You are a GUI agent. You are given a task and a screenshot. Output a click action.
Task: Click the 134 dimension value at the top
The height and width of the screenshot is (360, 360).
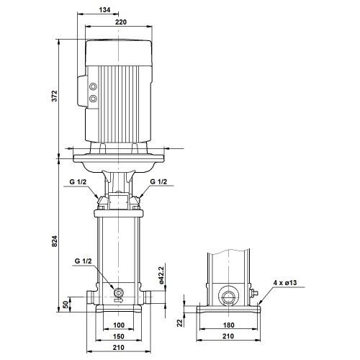click(104, 10)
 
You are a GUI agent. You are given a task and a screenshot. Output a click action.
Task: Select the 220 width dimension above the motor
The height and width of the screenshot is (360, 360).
click(121, 22)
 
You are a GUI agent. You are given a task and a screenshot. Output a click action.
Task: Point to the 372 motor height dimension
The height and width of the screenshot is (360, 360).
click(55, 96)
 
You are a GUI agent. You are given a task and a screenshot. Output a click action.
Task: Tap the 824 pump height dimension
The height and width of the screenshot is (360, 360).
click(55, 241)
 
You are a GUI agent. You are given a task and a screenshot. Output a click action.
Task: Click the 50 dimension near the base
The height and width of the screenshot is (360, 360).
click(66, 305)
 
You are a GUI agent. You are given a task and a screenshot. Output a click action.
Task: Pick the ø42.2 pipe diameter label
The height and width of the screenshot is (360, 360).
click(161, 275)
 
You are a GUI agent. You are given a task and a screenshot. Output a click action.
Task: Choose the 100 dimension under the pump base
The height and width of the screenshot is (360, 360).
click(119, 325)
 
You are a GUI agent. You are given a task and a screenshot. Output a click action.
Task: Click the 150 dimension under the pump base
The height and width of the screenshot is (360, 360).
click(119, 336)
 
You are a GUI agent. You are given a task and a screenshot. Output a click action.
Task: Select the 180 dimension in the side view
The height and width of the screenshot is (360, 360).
click(228, 325)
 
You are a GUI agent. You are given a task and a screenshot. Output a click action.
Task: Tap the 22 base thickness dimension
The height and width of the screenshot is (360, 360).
click(180, 323)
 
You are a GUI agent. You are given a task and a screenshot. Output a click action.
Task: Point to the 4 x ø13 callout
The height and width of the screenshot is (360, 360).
click(285, 283)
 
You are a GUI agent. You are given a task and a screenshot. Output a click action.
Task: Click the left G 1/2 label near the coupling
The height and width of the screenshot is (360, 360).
click(78, 182)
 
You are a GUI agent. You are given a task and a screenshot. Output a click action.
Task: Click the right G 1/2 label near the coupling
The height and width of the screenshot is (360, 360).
click(158, 181)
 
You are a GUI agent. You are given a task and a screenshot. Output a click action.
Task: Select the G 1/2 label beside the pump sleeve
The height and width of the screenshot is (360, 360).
click(83, 261)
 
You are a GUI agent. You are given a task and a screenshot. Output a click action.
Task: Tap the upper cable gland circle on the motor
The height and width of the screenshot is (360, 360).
click(93, 86)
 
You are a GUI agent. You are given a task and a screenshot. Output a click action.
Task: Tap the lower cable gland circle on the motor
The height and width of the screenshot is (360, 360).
click(93, 98)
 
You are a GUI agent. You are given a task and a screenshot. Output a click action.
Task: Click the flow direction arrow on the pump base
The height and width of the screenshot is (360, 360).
click(119, 300)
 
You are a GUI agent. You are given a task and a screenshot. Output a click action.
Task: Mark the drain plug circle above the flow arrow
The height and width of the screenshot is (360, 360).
click(119, 293)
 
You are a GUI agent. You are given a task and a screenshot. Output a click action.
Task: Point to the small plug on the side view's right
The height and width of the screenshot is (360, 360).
click(253, 293)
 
